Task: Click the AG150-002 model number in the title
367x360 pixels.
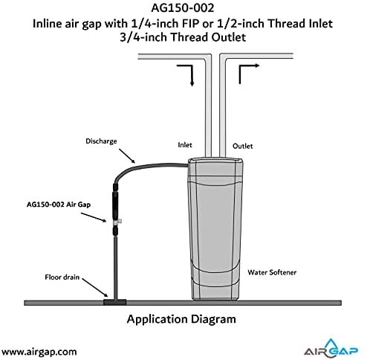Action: [x=183, y=8]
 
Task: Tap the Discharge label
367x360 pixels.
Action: [x=101, y=141]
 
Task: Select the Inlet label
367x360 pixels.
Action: [x=185, y=145]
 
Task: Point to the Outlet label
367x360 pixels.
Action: [x=242, y=146]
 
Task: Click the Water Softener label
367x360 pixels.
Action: [x=272, y=272]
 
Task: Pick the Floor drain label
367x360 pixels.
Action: [x=62, y=277]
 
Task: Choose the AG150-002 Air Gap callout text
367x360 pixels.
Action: [x=59, y=205]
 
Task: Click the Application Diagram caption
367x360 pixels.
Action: [x=181, y=319]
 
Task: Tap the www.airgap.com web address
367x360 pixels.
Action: [x=39, y=352]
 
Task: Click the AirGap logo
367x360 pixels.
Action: [x=331, y=349]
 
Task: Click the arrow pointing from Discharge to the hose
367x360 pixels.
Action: [x=127, y=156]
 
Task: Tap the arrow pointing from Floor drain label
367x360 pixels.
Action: [x=95, y=288]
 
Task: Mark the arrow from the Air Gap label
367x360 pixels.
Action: [x=94, y=217]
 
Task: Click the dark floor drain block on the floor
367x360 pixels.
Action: [x=115, y=302]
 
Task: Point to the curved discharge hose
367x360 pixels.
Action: [x=149, y=165]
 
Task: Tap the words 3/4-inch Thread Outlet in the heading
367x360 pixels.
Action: [x=183, y=37]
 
